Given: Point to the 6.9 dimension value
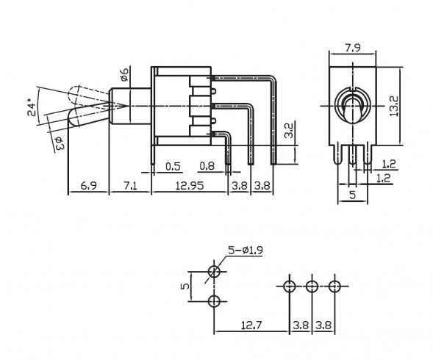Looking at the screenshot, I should click(x=87, y=186).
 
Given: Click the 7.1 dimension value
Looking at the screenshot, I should click(x=130, y=186).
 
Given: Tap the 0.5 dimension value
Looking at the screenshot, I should click(x=173, y=165).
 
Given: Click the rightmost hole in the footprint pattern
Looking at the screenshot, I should click(x=335, y=285).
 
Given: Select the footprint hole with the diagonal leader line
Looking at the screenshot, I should click(x=215, y=272).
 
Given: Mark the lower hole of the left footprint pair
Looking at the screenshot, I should click(x=215, y=301).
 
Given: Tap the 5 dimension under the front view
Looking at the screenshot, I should click(x=352, y=195).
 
